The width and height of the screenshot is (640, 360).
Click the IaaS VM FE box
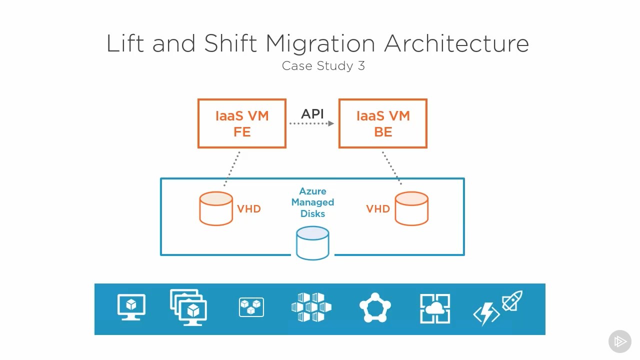click(241, 123)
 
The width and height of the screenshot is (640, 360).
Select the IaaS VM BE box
click(383, 123)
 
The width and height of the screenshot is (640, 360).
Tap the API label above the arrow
click(312, 113)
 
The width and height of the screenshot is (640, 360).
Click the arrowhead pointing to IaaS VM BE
click(331, 123)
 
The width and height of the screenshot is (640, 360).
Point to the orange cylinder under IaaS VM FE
click(216, 208)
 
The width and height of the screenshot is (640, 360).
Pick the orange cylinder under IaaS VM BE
click(411, 208)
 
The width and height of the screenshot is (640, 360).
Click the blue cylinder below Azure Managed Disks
click(312, 243)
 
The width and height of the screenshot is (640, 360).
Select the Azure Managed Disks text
click(312, 202)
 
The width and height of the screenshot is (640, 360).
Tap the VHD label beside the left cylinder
click(249, 209)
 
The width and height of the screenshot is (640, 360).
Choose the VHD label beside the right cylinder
click(378, 209)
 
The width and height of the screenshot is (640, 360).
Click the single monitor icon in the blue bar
click(131, 307)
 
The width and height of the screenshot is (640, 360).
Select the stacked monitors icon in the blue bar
click(188, 307)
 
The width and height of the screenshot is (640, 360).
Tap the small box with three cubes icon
click(251, 307)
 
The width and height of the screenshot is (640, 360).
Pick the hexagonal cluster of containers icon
click(311, 307)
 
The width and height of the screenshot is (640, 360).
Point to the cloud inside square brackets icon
click(435, 308)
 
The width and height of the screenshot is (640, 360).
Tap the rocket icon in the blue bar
click(512, 300)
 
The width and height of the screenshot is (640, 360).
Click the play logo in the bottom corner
click(620, 341)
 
